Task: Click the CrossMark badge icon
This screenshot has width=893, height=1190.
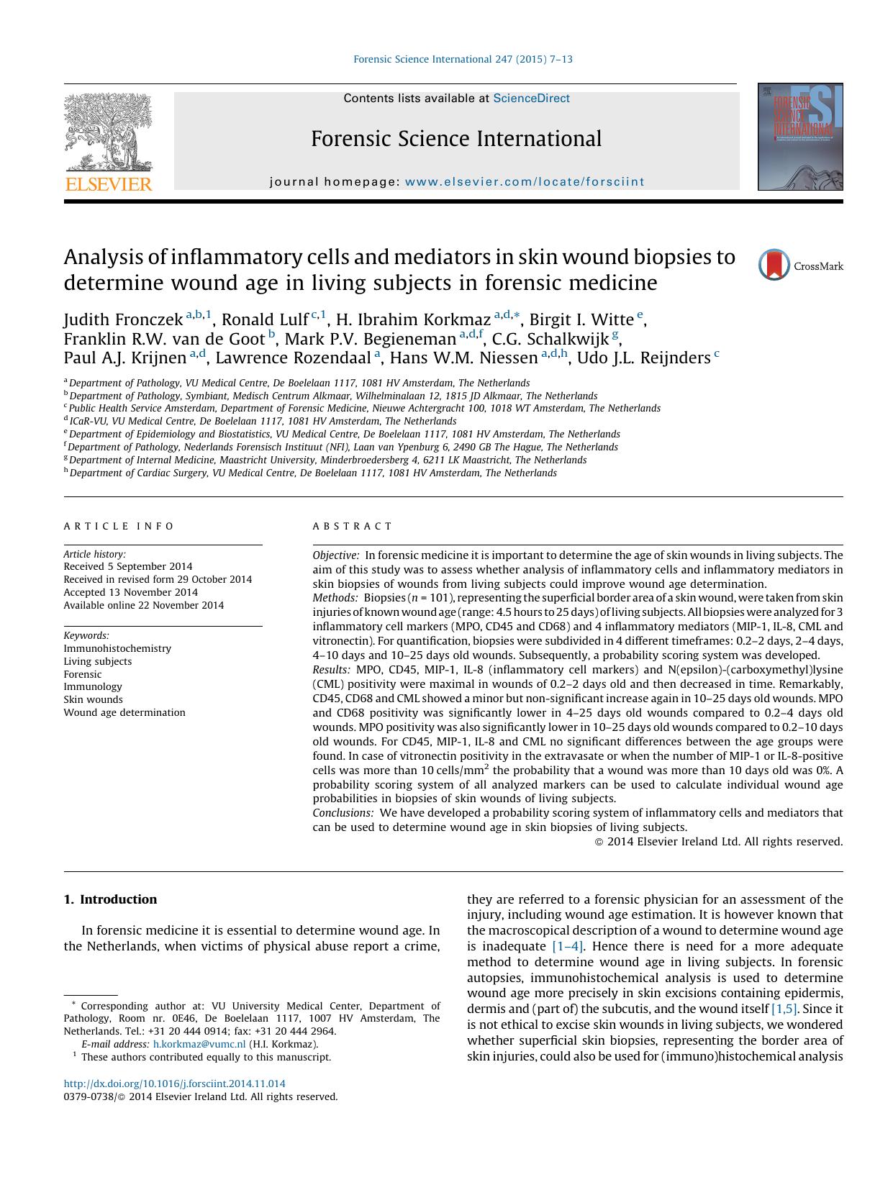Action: tap(774, 265)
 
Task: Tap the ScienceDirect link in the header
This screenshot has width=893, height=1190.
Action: tap(531, 99)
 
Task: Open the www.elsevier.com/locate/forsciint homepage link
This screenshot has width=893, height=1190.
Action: tap(525, 182)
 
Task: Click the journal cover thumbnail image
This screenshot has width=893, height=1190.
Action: tap(799, 137)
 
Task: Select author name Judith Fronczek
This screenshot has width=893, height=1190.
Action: tap(123, 319)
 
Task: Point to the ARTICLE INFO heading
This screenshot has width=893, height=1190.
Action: tap(119, 526)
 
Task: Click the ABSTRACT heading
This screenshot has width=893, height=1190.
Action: tap(353, 526)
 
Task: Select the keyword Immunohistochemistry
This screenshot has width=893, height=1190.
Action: tap(117, 648)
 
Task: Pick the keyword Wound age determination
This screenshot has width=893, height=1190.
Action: tap(124, 712)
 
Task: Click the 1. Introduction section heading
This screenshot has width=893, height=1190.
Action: tap(110, 899)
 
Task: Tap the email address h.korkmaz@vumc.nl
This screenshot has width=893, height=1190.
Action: tap(199, 1044)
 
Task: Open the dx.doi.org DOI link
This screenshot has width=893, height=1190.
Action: tap(174, 1084)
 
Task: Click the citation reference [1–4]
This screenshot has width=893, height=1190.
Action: tap(568, 946)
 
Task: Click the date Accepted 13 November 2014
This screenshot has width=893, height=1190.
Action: tap(130, 592)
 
